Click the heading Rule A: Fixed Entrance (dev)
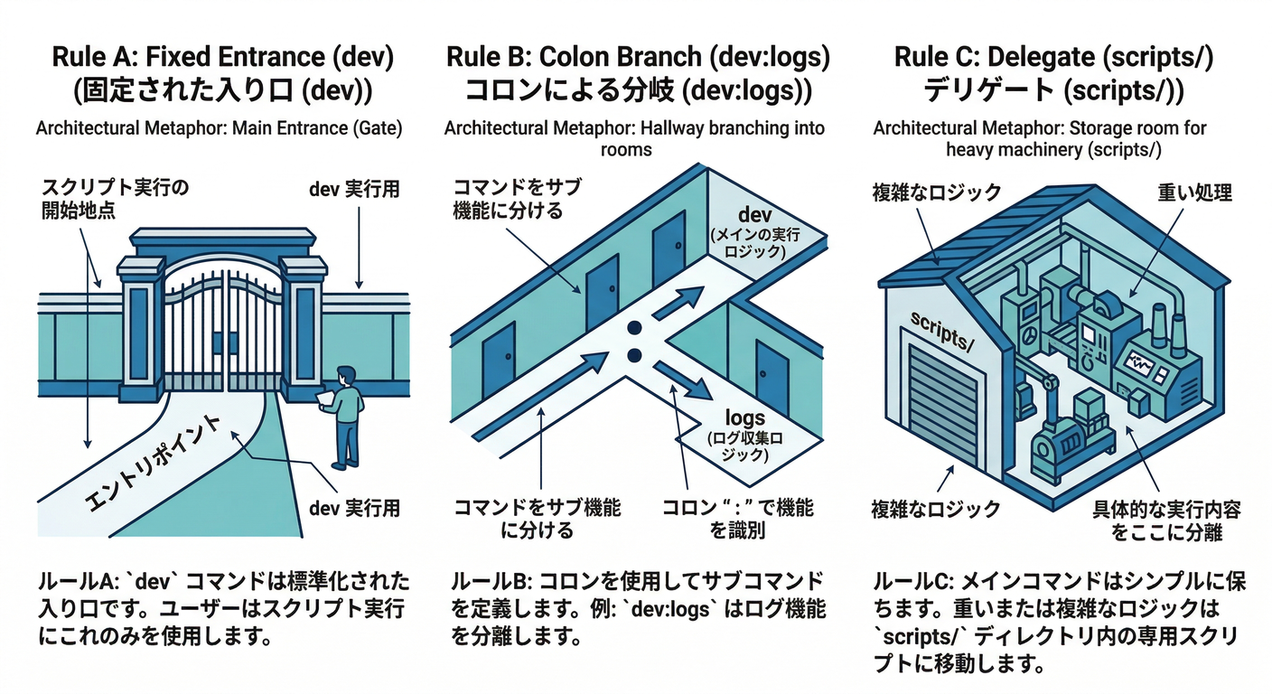(x=223, y=57)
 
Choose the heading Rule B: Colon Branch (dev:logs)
(x=638, y=57)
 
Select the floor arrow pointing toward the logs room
(x=686, y=382)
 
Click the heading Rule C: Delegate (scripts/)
(x=1054, y=57)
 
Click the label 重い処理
(x=1194, y=192)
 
